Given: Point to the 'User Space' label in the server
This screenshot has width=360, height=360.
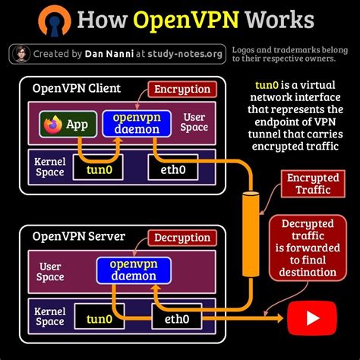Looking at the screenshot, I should point(49,271).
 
